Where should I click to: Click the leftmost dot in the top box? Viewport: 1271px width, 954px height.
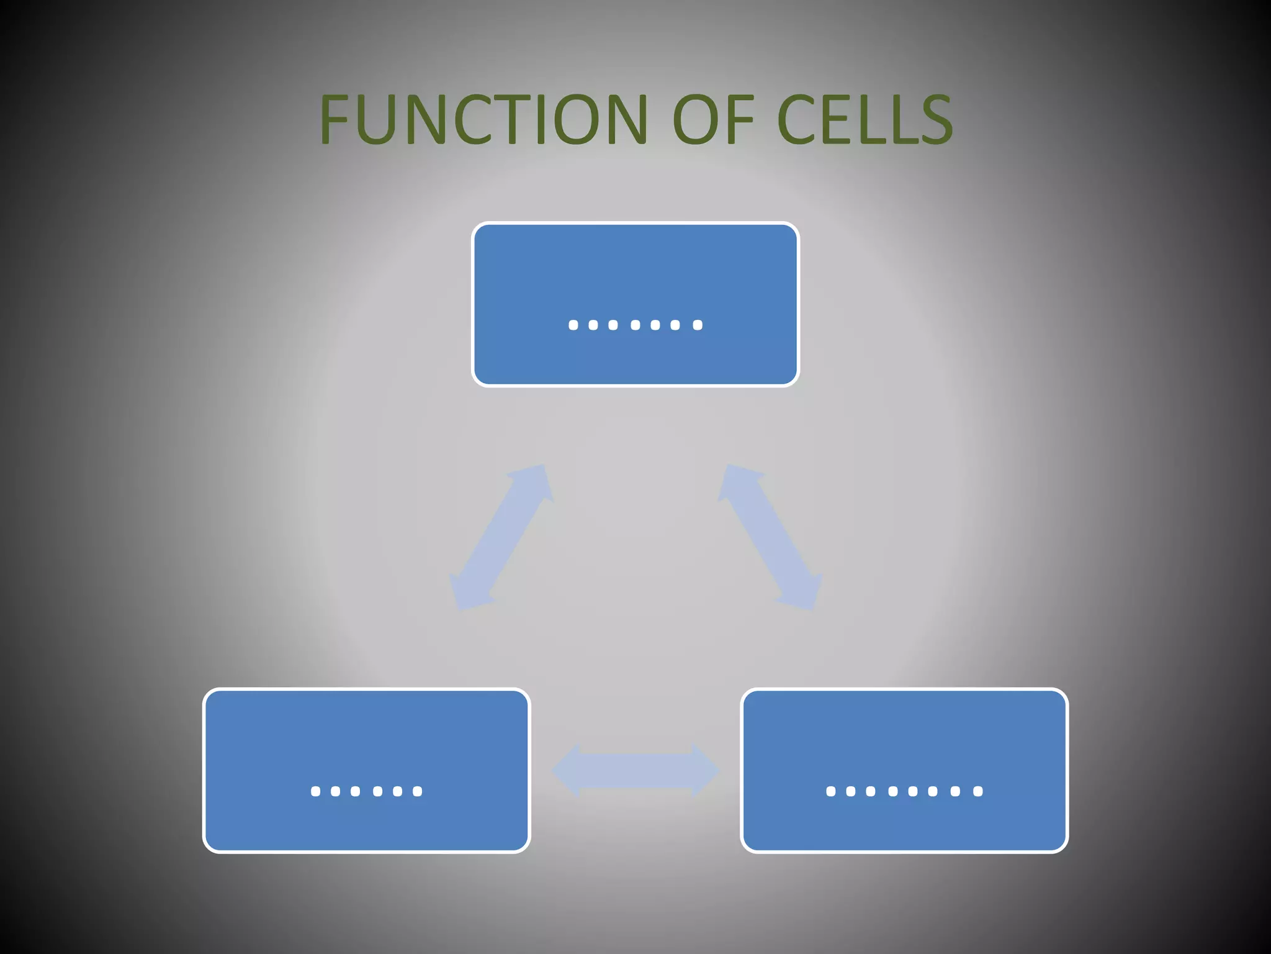[x=573, y=325]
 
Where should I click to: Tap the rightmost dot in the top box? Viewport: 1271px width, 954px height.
[x=698, y=325]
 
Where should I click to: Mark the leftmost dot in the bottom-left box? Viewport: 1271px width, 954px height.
[x=315, y=791]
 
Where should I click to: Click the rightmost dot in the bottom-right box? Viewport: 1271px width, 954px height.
[x=978, y=791]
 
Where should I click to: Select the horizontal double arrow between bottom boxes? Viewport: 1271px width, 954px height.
[x=635, y=771]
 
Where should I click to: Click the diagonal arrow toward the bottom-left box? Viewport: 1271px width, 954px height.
[x=501, y=537]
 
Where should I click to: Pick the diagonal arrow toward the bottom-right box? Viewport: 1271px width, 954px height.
[x=770, y=537]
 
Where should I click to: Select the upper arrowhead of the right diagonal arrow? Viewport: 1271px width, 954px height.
[x=737, y=481]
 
